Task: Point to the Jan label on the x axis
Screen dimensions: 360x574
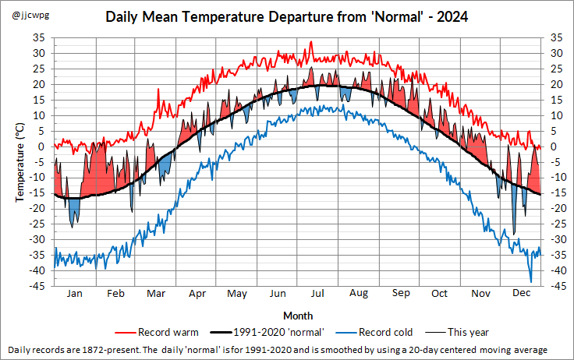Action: (x=74, y=294)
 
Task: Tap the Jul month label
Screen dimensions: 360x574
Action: (x=317, y=294)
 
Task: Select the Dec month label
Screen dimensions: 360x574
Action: (x=521, y=294)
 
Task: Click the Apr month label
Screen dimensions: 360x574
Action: (x=197, y=294)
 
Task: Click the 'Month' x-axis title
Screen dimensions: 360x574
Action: (x=298, y=316)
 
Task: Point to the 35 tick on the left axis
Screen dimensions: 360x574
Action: (x=38, y=37)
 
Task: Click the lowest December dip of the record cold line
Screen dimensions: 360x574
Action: (x=531, y=281)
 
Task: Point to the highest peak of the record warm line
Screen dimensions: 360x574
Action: (x=310, y=42)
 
